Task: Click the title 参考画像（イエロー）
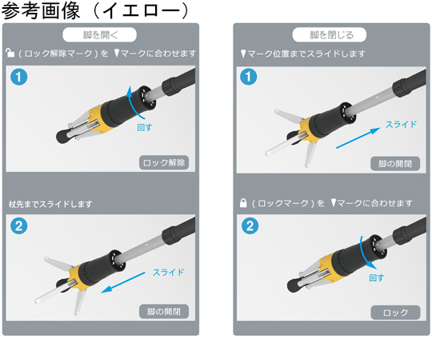click(96, 10)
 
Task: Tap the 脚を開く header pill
click(99, 34)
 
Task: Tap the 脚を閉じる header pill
click(330, 34)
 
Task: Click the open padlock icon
click(10, 52)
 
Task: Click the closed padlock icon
click(243, 202)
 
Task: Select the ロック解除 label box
click(164, 162)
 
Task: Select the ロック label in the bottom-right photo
click(395, 312)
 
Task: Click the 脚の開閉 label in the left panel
click(164, 311)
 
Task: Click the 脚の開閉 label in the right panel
click(395, 164)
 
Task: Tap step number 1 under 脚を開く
click(18, 77)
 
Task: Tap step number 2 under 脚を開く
click(18, 226)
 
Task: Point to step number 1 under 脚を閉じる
click(249, 77)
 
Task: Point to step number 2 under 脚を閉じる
click(250, 226)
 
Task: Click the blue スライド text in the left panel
click(168, 273)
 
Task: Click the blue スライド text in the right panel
click(401, 125)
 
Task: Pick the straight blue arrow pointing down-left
click(123, 282)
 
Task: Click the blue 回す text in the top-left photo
click(145, 127)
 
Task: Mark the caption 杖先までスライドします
click(50, 204)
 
